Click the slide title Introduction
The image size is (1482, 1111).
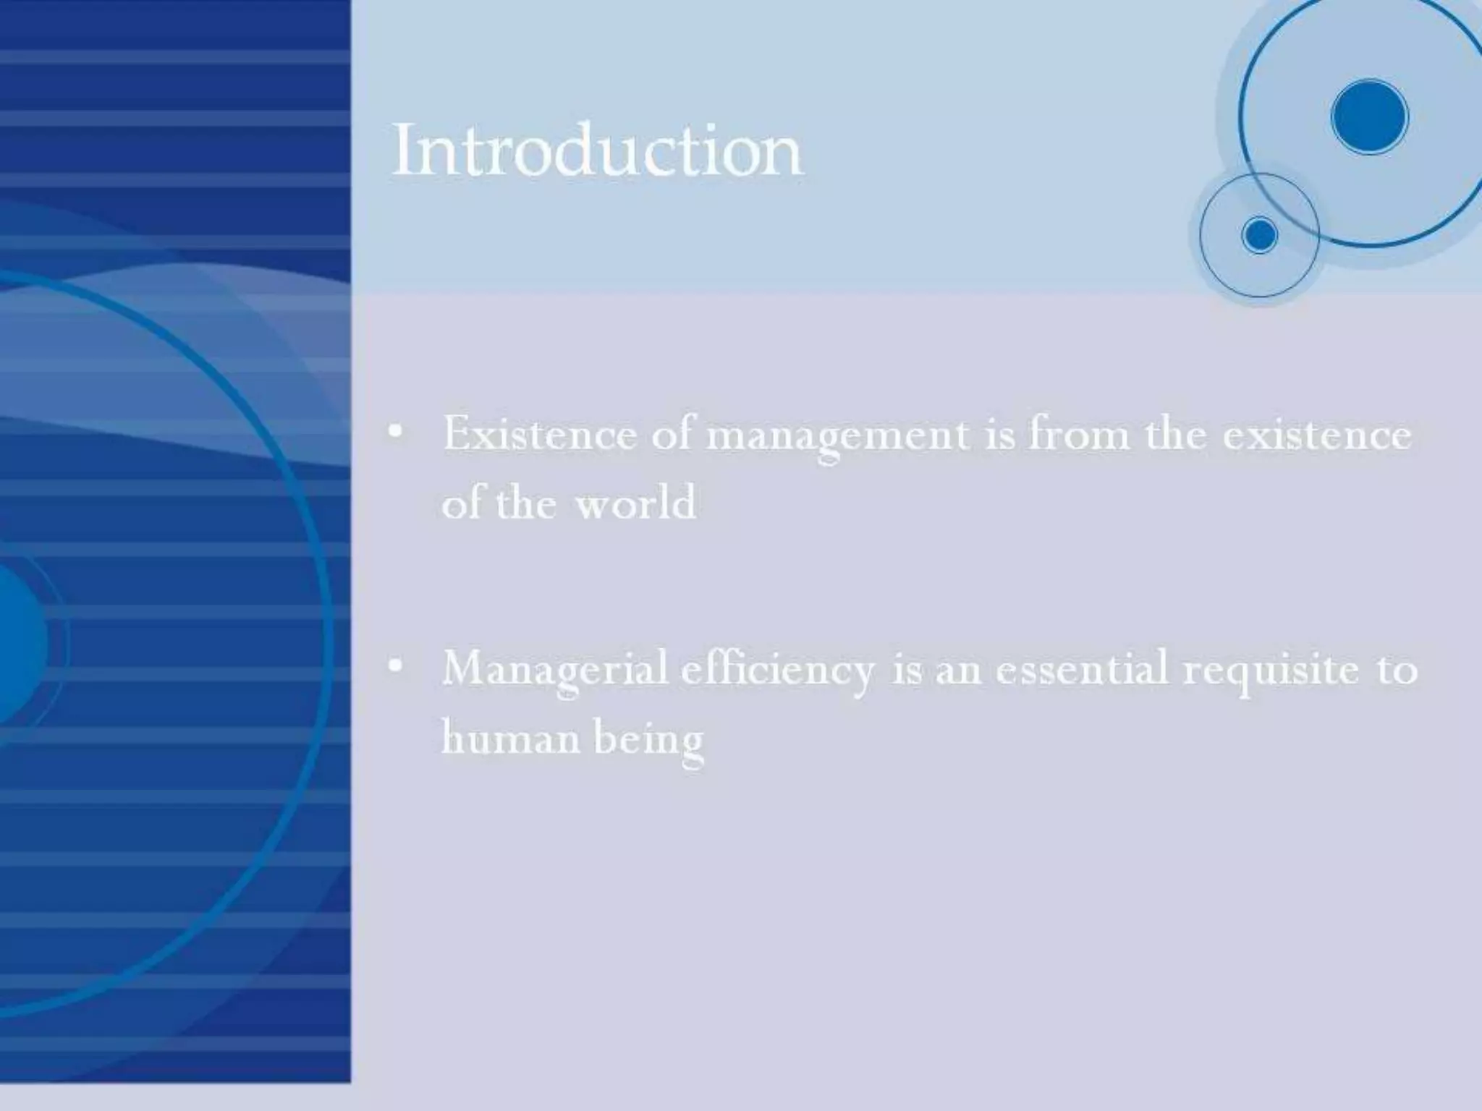pos(597,150)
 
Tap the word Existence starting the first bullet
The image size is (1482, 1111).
pos(539,435)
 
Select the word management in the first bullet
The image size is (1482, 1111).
pos(837,436)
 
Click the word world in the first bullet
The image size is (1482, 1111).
pos(635,503)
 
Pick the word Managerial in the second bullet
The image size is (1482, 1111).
pos(555,669)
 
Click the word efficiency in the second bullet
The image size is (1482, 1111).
pos(777,669)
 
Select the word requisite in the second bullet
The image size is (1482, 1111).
pos(1271,669)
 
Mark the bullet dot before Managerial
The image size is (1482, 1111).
pos(395,667)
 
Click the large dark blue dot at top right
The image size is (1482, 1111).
pos(1369,117)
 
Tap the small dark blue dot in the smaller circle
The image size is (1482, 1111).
pos(1260,235)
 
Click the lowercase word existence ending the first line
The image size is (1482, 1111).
pos(1317,435)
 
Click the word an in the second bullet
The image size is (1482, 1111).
pos(959,669)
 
